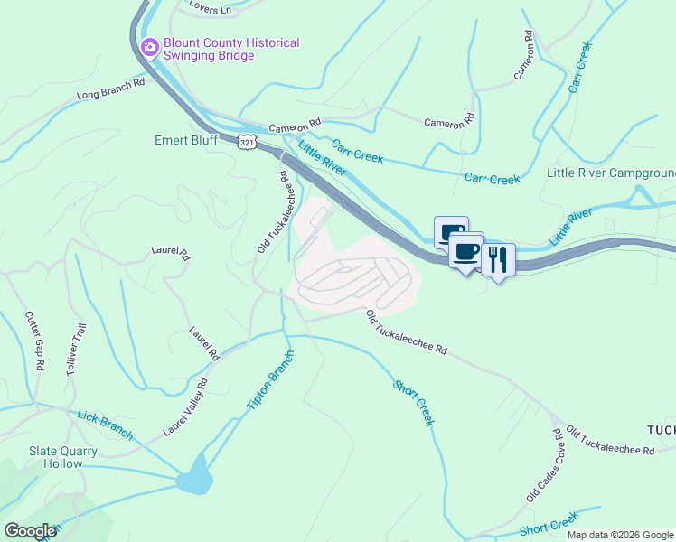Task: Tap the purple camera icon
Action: coord(150,46)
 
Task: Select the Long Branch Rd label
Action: coord(111,89)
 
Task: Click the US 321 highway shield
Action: coord(247,142)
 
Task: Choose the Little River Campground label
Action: coord(611,173)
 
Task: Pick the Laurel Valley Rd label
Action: coord(185,407)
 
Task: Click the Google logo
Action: coord(31,531)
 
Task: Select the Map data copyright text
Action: coord(621,535)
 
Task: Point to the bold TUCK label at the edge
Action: coord(661,428)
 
